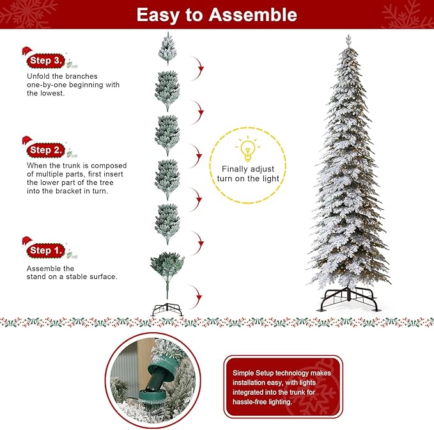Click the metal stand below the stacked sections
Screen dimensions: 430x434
pyautogui.click(x=167, y=310)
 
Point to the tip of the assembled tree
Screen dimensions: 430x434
pyautogui.click(x=348, y=37)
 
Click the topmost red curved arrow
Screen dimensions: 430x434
pyautogui.click(x=199, y=65)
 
